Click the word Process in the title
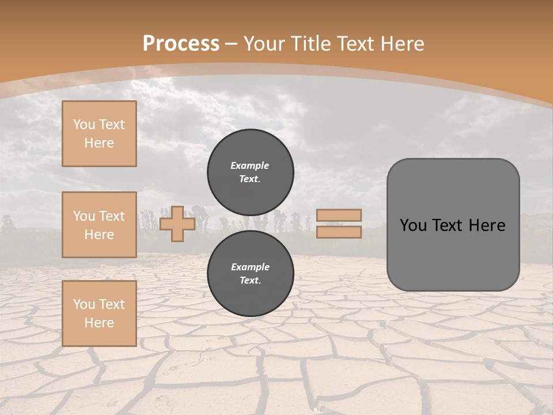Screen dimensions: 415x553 [181, 44]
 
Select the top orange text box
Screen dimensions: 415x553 [99, 134]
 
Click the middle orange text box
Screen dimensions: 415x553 [99, 225]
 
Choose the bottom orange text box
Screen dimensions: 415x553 [99, 314]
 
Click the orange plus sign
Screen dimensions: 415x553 [177, 224]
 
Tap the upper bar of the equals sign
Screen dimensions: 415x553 [339, 215]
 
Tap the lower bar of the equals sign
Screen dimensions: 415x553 [339, 232]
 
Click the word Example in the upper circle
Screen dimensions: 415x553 [250, 165]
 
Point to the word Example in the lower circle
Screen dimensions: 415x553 [250, 267]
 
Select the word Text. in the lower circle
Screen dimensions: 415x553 [250, 280]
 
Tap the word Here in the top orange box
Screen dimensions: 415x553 [99, 143]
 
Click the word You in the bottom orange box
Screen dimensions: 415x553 [84, 304]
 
